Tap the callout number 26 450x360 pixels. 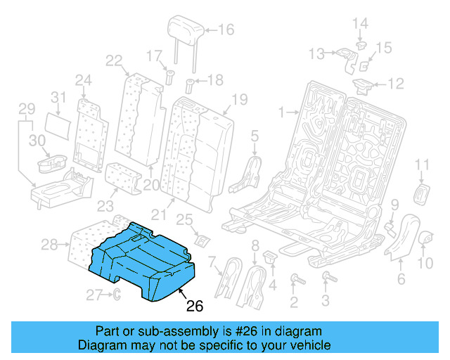pyautogui.click(x=194, y=306)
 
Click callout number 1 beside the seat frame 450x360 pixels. pyautogui.click(x=282, y=112)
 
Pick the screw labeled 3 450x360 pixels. pyautogui.click(x=326, y=281)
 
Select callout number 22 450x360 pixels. pyautogui.click(x=114, y=60)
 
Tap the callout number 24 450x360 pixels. pyautogui.click(x=83, y=79)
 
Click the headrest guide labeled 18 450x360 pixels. pyautogui.click(x=189, y=86)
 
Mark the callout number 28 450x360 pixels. pyautogui.click(x=49, y=245)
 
